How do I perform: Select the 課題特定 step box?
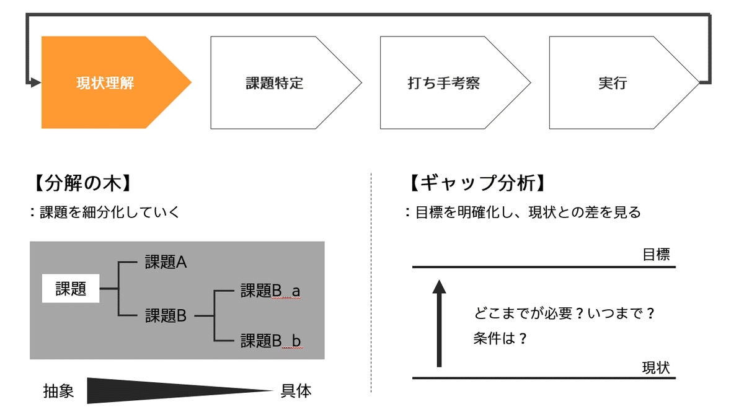[x=282, y=82]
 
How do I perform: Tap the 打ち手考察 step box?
[x=452, y=82]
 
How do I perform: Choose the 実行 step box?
[x=621, y=82]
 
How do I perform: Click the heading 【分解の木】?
[x=82, y=183]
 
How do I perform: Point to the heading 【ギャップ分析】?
[x=477, y=183]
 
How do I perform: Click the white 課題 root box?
[x=71, y=288]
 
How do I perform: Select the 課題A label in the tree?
[x=166, y=262]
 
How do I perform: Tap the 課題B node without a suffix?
[x=166, y=315]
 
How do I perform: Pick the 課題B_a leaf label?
[x=271, y=291]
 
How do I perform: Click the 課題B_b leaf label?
[x=272, y=341]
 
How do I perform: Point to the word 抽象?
[x=58, y=391]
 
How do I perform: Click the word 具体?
[x=296, y=391]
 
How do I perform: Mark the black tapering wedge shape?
[x=179, y=390]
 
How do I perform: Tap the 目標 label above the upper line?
[x=656, y=255]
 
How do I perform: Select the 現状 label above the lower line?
[x=656, y=368]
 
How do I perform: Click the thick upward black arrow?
[x=439, y=323]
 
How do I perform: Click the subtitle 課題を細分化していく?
[x=110, y=212]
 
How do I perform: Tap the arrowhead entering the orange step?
[x=35, y=82]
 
